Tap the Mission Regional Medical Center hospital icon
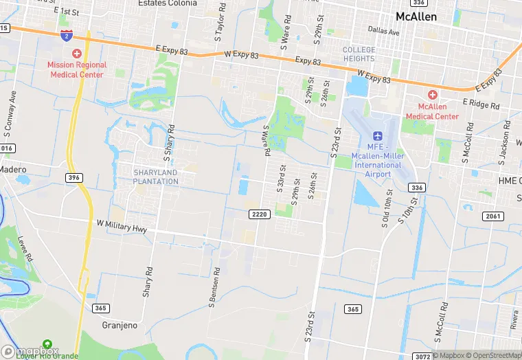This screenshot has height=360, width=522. (x=76, y=54)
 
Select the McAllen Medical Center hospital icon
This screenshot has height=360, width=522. (x=432, y=95)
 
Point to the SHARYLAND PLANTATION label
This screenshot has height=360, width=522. (x=156, y=177)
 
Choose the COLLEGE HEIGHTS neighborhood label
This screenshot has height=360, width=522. (x=359, y=54)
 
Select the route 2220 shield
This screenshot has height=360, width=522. (x=259, y=214)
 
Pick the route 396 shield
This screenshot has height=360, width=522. (x=74, y=177)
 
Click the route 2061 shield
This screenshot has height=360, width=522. (x=493, y=216)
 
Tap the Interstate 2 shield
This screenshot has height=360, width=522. (x=67, y=35)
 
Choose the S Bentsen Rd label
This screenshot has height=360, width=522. (x=214, y=291)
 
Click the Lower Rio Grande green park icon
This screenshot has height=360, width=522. (x=47, y=344)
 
